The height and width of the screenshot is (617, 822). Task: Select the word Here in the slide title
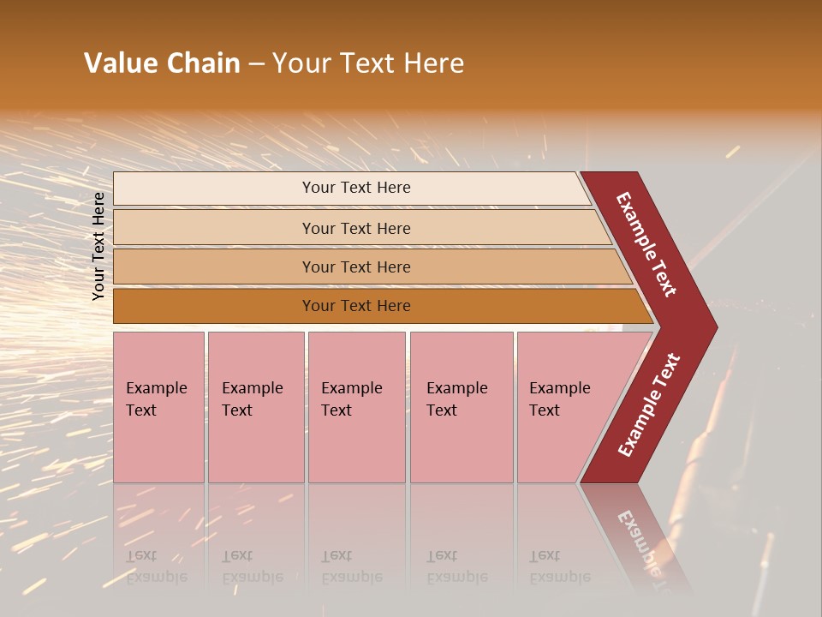433,63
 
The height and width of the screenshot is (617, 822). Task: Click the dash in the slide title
256,64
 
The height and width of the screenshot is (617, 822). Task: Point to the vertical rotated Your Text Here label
98,246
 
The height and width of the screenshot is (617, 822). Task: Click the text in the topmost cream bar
356,188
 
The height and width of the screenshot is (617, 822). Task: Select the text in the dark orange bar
356,306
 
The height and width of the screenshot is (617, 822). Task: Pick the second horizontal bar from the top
356,228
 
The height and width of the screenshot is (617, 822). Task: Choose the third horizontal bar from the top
356,267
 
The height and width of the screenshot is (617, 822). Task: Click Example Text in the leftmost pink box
156,399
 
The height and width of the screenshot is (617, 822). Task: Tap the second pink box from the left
255,407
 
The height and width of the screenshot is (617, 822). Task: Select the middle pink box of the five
356,407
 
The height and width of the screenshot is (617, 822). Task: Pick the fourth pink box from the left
462,407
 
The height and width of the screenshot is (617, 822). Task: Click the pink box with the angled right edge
565,407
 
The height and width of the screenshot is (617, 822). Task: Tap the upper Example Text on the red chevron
646,244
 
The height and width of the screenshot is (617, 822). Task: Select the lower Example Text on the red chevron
649,405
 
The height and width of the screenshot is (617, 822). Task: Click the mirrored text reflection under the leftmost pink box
156,566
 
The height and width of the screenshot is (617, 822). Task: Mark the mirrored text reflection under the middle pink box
351,566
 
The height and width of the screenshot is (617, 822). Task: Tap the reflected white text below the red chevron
642,544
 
